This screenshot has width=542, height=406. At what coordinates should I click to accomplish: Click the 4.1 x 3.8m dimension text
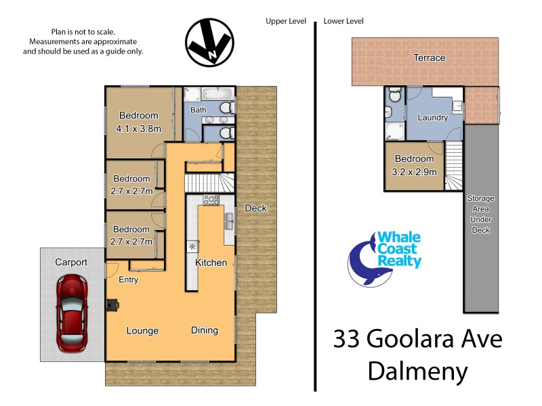[x=139, y=128]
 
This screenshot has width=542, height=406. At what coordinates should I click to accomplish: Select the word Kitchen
[x=211, y=263]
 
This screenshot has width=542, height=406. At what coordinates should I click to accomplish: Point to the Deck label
[x=255, y=208]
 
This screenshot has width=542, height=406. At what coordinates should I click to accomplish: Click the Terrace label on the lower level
[x=430, y=58]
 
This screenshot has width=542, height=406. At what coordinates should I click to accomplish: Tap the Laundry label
[x=432, y=118]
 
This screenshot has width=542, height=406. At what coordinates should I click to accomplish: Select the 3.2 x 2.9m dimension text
[x=415, y=172]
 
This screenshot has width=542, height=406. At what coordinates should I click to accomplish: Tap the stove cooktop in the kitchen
[x=211, y=200]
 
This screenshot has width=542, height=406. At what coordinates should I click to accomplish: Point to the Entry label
[x=129, y=279]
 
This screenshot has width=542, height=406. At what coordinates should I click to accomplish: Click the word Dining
[x=204, y=330]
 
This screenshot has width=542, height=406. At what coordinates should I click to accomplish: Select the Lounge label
[x=142, y=331]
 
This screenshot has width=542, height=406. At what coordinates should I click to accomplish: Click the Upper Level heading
[x=286, y=22]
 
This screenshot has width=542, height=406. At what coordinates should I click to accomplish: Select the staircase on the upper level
[x=209, y=183]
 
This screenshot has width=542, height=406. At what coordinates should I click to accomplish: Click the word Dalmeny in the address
[x=417, y=371]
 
